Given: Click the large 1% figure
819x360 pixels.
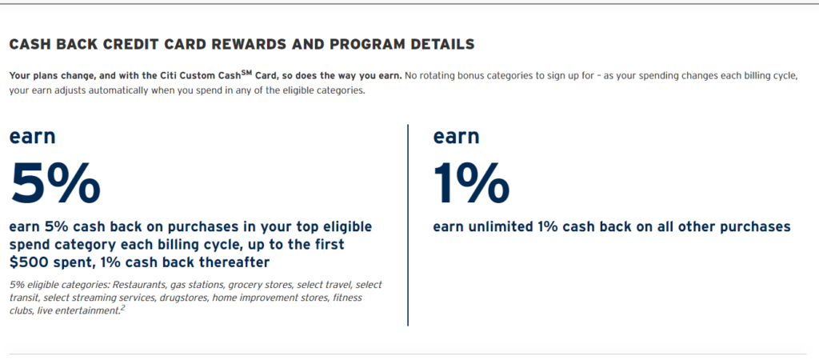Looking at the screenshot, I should coord(471,183).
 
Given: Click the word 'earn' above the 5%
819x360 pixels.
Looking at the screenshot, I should coord(32,136).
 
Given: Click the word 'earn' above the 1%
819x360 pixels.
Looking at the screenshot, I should coord(456,136).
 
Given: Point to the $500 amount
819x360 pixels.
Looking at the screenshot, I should coord(27,262).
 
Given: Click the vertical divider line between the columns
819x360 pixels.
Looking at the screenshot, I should coord(408,224).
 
